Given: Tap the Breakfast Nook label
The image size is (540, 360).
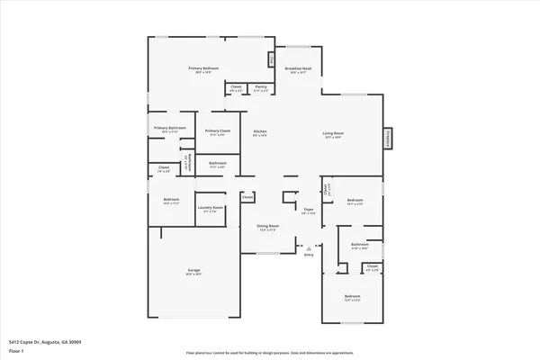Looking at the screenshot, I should click(x=298, y=68).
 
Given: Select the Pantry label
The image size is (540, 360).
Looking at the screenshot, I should click(x=261, y=87).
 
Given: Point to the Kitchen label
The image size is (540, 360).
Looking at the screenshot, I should click(x=260, y=132).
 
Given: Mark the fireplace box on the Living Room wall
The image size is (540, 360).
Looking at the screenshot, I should click(x=389, y=138).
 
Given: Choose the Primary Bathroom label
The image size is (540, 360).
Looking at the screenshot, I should click(x=169, y=128).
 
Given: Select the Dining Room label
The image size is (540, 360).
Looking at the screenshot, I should click(x=267, y=226).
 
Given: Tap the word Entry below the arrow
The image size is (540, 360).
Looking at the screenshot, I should click(x=309, y=256).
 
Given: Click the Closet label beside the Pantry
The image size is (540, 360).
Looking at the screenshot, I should click(x=236, y=87).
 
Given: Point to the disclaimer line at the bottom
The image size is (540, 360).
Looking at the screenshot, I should click(x=270, y=353).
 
